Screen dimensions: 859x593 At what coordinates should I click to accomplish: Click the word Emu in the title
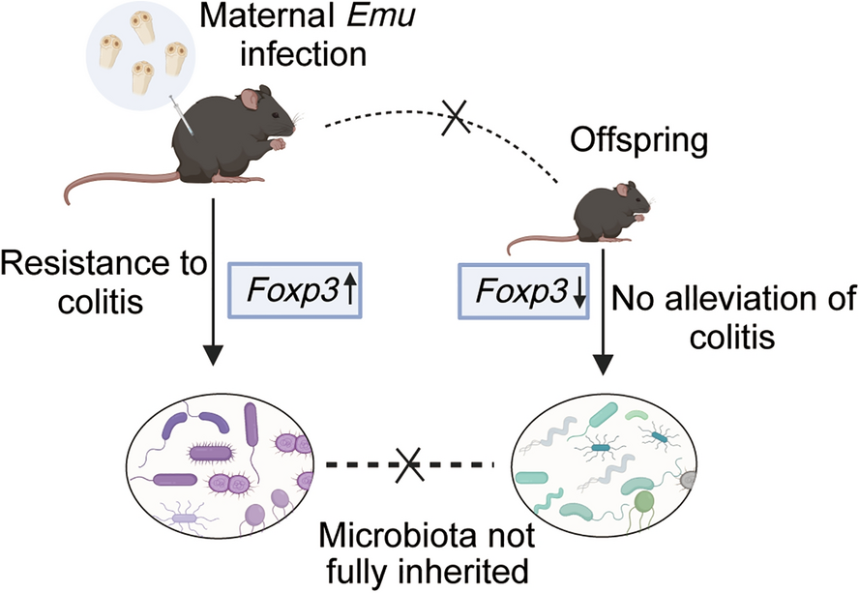382,15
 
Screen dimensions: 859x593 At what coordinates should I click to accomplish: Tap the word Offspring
639,140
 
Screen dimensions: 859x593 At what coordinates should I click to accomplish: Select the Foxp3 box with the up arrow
295,290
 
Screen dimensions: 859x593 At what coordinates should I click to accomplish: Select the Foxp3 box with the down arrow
523,291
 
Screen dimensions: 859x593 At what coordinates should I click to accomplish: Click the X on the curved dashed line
456,117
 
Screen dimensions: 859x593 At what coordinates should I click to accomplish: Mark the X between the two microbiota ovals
410,464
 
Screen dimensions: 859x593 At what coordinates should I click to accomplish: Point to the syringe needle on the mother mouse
181,114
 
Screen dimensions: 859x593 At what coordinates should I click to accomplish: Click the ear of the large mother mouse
250,99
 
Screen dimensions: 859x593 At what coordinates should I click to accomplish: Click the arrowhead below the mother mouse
213,355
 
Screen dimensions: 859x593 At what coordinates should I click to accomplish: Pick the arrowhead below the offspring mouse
603,365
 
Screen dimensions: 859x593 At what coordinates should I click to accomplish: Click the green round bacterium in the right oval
644,500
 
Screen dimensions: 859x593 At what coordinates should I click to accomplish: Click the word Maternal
270,15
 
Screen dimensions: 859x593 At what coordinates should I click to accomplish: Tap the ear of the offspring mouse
622,190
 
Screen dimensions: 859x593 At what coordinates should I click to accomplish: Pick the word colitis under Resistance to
101,301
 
